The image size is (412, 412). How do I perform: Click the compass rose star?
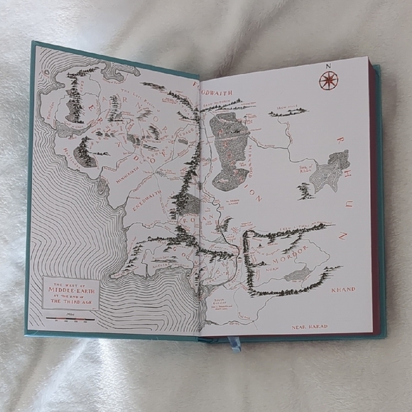click(x=328, y=80)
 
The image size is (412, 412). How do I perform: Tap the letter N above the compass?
click(x=329, y=65)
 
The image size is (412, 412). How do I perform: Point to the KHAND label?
click(x=343, y=290)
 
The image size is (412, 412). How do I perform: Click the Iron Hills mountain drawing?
click(x=287, y=113)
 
